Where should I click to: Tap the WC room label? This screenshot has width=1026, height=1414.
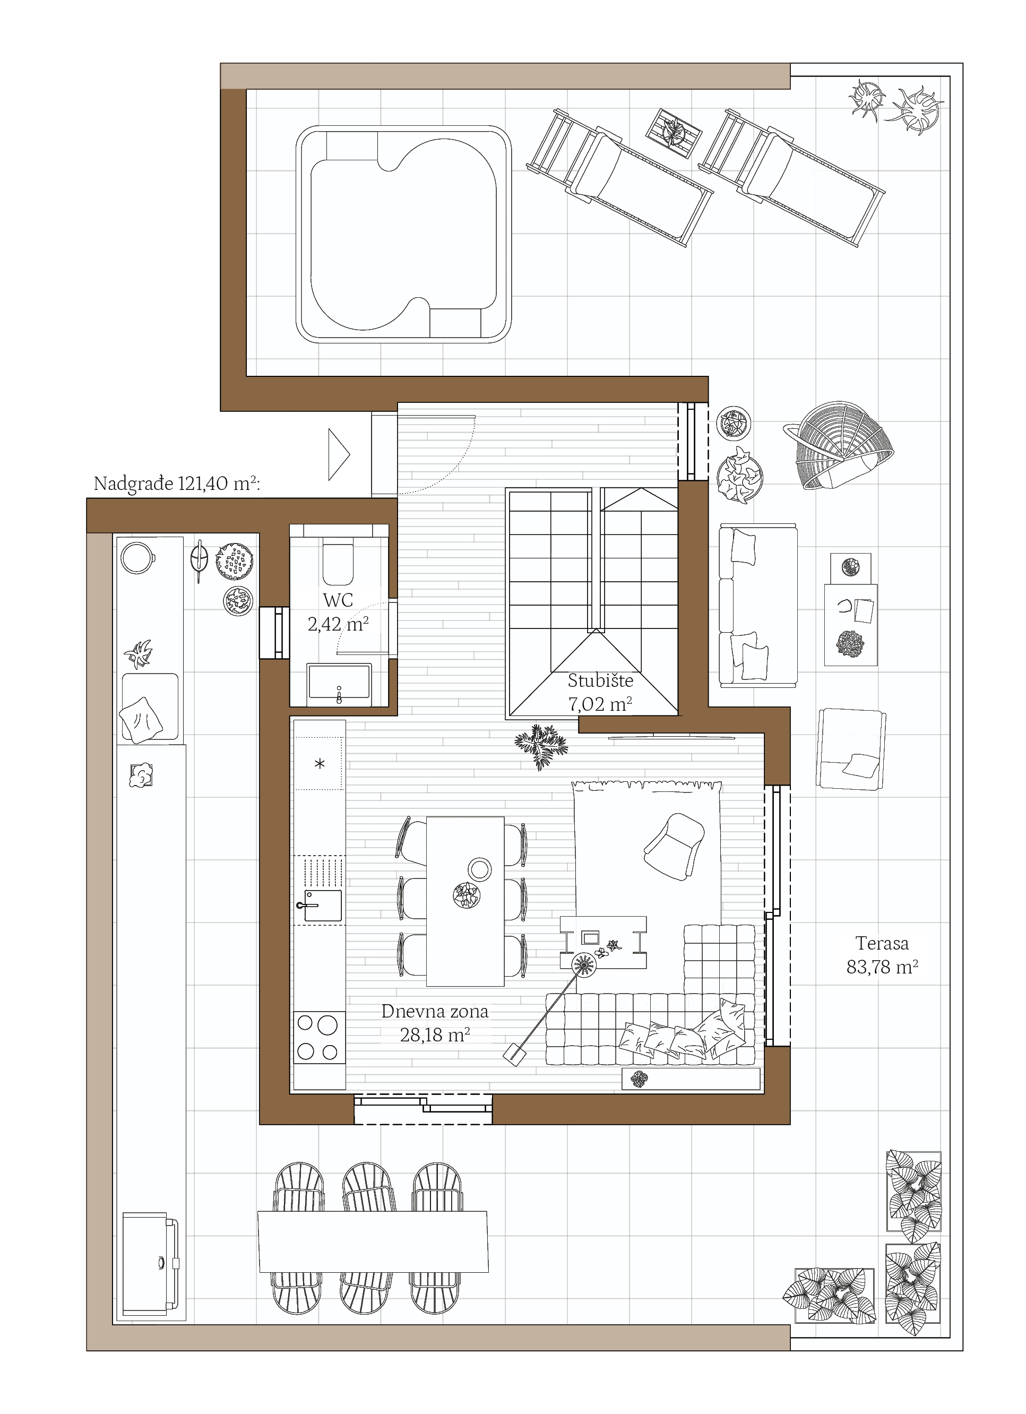pos(338,611)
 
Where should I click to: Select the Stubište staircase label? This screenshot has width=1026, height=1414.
pos(600,692)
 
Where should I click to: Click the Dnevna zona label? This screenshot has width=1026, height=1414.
pos(435,1022)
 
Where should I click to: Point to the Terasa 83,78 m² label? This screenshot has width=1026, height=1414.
pos(882,954)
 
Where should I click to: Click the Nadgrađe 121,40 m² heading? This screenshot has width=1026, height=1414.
pos(176,483)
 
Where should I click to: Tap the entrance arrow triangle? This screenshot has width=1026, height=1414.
pos(339,454)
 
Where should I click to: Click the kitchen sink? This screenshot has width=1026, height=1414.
pos(322,906)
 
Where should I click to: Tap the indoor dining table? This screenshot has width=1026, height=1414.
pos(465,901)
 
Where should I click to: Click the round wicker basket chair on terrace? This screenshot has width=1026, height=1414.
pos(839,445)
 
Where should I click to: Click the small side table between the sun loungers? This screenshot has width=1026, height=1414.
pos(673,133)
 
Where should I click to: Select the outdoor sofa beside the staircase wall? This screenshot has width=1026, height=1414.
pos(758,606)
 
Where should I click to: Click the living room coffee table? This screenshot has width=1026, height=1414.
pos(603,942)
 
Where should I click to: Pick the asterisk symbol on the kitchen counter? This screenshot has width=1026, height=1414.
pos(320,764)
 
